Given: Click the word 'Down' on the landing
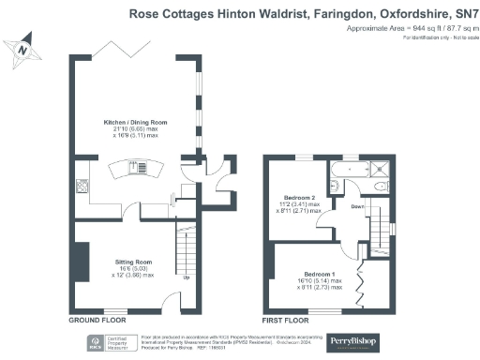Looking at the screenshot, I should pos(358,204).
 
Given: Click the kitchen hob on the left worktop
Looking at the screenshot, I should pos(82,186).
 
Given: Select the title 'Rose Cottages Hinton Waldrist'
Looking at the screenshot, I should pos(216,14).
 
